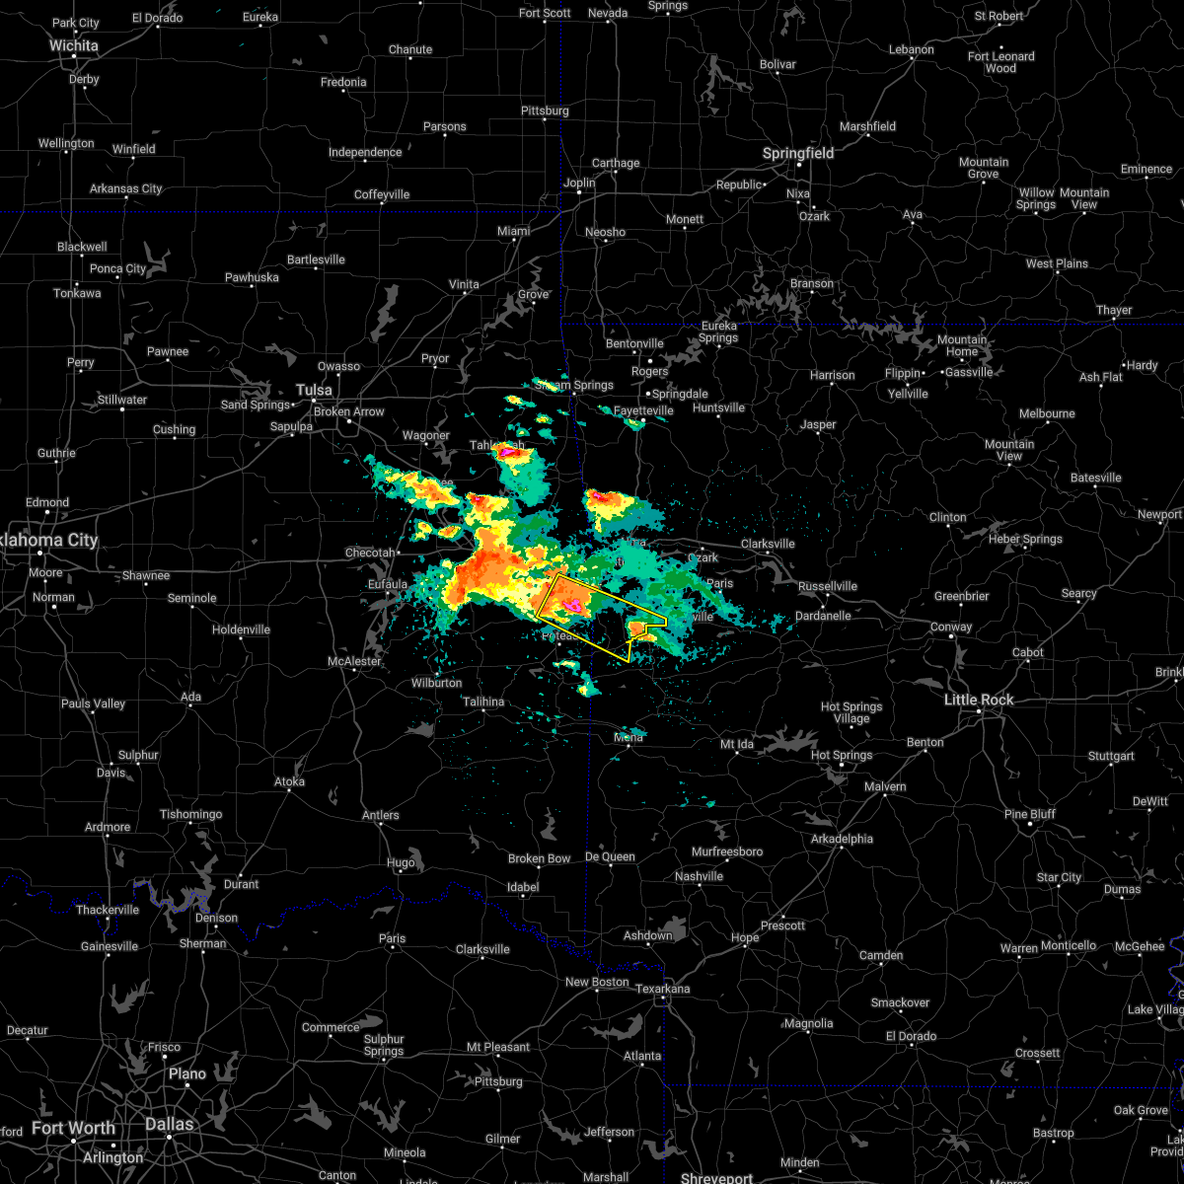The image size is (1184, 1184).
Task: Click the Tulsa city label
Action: (314, 390)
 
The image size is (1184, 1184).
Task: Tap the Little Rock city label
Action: (979, 700)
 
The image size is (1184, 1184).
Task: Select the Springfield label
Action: (798, 154)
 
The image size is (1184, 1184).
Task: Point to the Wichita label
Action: (74, 45)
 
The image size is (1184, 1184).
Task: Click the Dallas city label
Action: (169, 1124)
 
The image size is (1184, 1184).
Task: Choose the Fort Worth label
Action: (73, 1128)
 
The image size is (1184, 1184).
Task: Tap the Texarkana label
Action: (663, 989)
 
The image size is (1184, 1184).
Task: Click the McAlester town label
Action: (354, 661)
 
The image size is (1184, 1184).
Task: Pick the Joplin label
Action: (579, 183)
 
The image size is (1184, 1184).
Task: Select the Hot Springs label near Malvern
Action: (842, 756)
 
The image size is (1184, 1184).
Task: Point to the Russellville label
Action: (827, 586)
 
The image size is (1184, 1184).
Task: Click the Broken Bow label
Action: (539, 858)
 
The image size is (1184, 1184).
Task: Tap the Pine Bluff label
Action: (1029, 814)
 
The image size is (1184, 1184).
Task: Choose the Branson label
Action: (811, 283)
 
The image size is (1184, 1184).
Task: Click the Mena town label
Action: (629, 737)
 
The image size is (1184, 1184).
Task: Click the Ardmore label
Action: (108, 827)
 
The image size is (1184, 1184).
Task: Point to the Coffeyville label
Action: (382, 194)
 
